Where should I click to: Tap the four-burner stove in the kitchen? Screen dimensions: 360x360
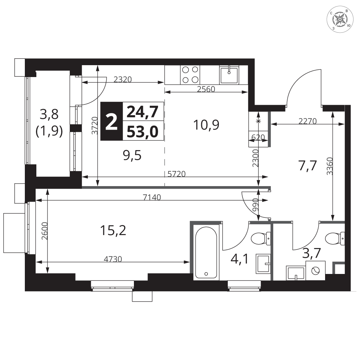click(190, 75)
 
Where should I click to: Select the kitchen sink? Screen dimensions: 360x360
click(229, 75)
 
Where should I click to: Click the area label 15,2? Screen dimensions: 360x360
click(113, 230)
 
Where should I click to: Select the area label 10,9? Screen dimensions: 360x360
click(206, 125)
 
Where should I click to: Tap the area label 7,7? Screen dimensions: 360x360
click(307, 166)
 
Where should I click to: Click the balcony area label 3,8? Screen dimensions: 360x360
click(49, 114)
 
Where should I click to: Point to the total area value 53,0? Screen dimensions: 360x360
click(143, 132)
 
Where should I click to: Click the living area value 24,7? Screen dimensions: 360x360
click(143, 112)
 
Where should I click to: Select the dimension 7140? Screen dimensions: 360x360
click(152, 197)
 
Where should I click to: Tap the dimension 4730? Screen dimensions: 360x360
click(113, 259)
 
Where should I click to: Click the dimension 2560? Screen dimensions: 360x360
click(206, 89)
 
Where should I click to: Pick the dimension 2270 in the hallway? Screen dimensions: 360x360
click(307, 121)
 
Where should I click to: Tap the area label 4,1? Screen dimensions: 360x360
click(240, 260)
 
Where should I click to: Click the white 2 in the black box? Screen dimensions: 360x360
click(112, 122)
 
